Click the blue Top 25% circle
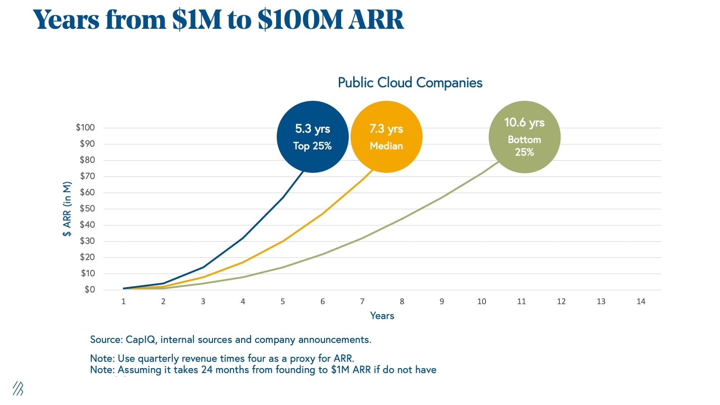pyautogui.click(x=312, y=137)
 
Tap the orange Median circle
pyautogui.click(x=386, y=137)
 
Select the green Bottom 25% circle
pyautogui.click(x=524, y=137)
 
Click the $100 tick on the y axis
pyautogui.click(x=85, y=127)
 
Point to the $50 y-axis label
pyautogui.click(x=87, y=208)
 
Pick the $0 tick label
pyautogui.click(x=90, y=289)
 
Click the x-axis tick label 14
pyautogui.click(x=641, y=301)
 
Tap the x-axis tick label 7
pyautogui.click(x=362, y=301)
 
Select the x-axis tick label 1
pyautogui.click(x=123, y=301)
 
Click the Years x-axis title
pyautogui.click(x=382, y=316)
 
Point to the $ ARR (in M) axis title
pyautogui.click(x=67, y=209)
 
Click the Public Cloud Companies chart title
pyautogui.click(x=410, y=83)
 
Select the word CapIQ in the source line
pyautogui.click(x=141, y=340)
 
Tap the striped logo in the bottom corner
pyautogui.click(x=18, y=388)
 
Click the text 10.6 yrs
pyautogui.click(x=524, y=122)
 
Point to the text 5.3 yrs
pyautogui.click(x=312, y=129)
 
